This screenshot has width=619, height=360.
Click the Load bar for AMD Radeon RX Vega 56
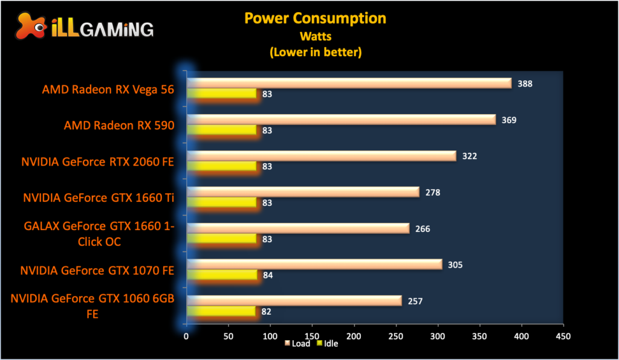pyautogui.click(x=349, y=83)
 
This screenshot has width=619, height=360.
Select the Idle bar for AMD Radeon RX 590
pyautogui.click(x=222, y=130)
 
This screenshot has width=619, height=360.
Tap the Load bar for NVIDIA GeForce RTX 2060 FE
pyautogui.click(x=322, y=156)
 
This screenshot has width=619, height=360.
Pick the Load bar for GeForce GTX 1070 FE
pyautogui.click(x=314, y=264)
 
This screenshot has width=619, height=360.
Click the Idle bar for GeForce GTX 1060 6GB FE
pyautogui.click(x=221, y=311)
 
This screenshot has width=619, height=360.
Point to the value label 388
pyautogui.click(x=525, y=84)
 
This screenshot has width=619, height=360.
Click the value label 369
pyautogui.click(x=509, y=120)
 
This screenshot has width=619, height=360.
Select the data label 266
pyautogui.click(x=423, y=229)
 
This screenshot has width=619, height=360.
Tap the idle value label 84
pyautogui.click(x=267, y=275)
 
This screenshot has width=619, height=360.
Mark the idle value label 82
pyautogui.click(x=266, y=312)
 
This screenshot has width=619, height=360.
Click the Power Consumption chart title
pyautogui.click(x=315, y=18)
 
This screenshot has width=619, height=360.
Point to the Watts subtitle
pyautogui.click(x=315, y=36)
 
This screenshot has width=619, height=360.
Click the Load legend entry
pyautogui.click(x=297, y=344)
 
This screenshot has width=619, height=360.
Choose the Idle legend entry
pyautogui.click(x=326, y=344)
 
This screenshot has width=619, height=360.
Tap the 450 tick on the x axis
pyautogui.click(x=563, y=335)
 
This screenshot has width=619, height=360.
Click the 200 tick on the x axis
pyautogui.click(x=354, y=335)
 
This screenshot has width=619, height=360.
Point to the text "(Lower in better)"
pyautogui.click(x=315, y=53)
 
